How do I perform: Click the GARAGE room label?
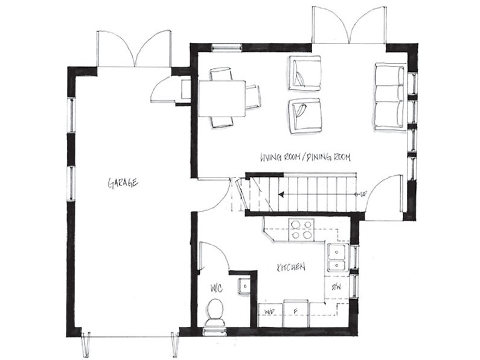tap(123, 183)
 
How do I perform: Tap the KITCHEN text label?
tap(291, 266)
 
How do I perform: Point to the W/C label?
tap(216, 288)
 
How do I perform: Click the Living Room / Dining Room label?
tap(305, 157)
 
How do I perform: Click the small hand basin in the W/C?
tap(244, 286)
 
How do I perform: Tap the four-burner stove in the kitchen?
tap(301, 230)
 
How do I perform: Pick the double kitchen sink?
tap(337, 257)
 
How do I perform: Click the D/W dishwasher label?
tap(336, 287)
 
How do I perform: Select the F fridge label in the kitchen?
tap(295, 312)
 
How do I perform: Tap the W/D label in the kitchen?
tap(270, 312)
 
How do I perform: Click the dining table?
tap(222, 98)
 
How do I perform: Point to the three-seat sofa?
tap(389, 97)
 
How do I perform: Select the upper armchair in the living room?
tap(305, 73)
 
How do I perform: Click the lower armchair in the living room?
tap(305, 115)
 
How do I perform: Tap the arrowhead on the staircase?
tap(281, 194)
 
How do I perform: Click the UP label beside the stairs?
tap(363, 194)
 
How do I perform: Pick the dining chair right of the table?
tap(254, 97)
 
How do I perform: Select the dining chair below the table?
tap(222, 122)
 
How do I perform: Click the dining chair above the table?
tap(221, 74)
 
